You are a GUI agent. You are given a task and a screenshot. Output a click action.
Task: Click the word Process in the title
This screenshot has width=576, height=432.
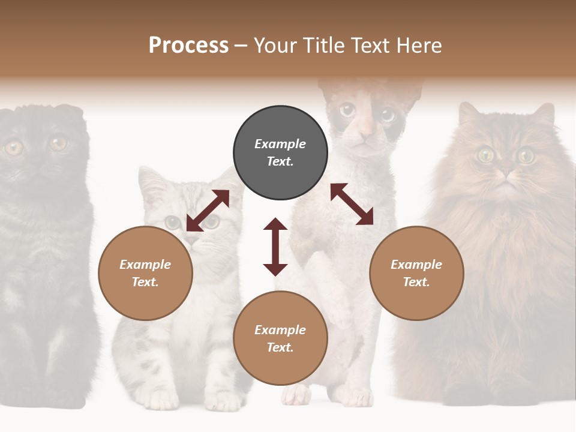(188, 46)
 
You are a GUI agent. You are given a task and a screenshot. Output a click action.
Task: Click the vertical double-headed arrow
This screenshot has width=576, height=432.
(275, 247)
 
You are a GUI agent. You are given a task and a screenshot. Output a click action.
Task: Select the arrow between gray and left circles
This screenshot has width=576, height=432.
(208, 211)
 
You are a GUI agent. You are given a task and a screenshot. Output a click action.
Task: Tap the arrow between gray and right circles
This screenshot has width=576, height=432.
(352, 204)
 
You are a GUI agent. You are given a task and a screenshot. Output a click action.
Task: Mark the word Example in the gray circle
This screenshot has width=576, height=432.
(280, 144)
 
